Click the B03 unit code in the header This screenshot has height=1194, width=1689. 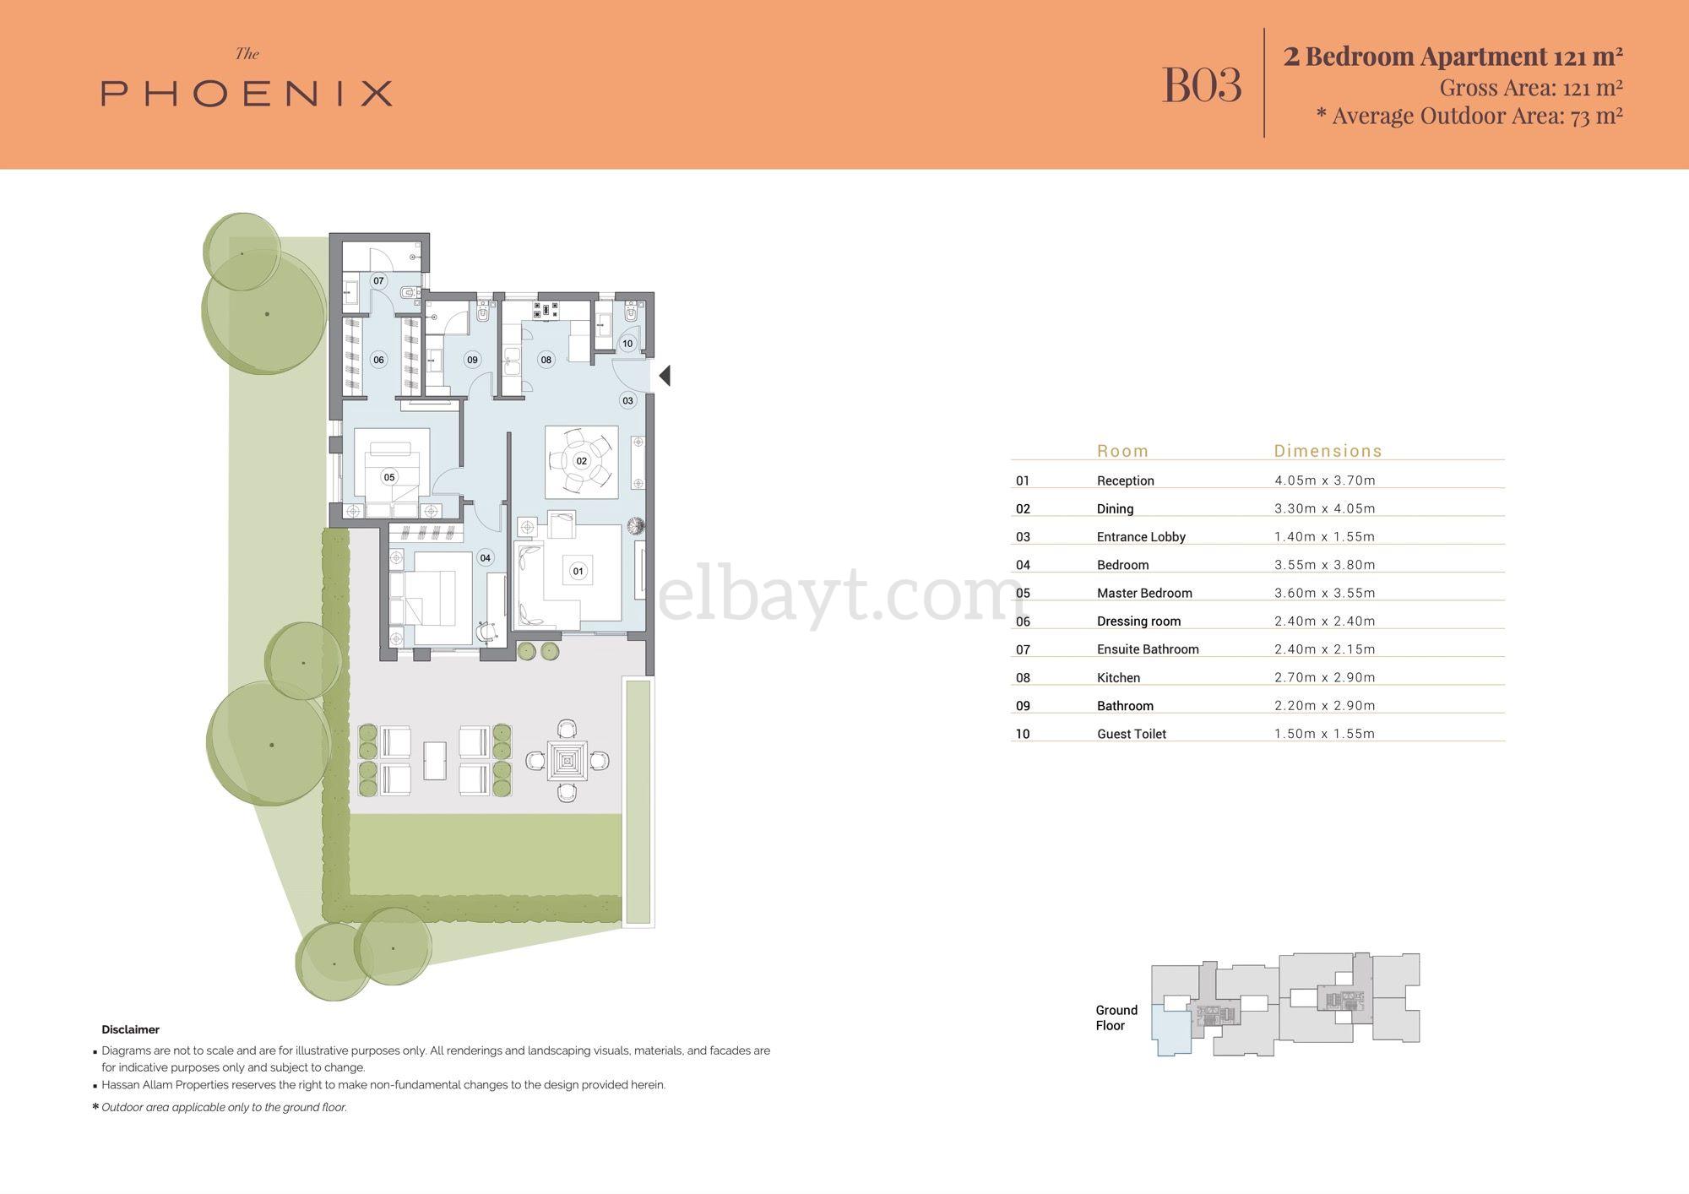pos(1202,84)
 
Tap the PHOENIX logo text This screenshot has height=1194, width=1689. pos(247,93)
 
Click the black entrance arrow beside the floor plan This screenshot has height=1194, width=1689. pos(665,376)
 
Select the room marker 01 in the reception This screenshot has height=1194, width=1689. pos(578,571)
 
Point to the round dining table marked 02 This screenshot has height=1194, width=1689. pos(581,461)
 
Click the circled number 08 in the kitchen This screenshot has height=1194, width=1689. pos(546,360)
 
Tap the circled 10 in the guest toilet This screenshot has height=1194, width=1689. pos(627,344)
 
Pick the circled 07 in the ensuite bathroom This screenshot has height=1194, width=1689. pos(378,280)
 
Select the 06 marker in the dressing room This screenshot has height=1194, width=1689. pos(378,360)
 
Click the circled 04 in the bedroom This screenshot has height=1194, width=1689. pos(485,557)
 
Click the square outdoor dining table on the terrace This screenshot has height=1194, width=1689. pos(566,761)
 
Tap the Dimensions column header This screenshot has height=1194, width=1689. pos(1328,451)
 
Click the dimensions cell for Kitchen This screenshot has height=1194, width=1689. pos(1324,677)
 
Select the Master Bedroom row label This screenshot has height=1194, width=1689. pos(1144,593)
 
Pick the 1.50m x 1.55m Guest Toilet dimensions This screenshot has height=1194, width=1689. pos(1324,734)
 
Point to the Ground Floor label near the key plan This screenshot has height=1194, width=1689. pos(1116,1018)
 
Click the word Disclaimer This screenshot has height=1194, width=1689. pos(130,1029)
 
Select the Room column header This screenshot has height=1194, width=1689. pos(1122,451)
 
